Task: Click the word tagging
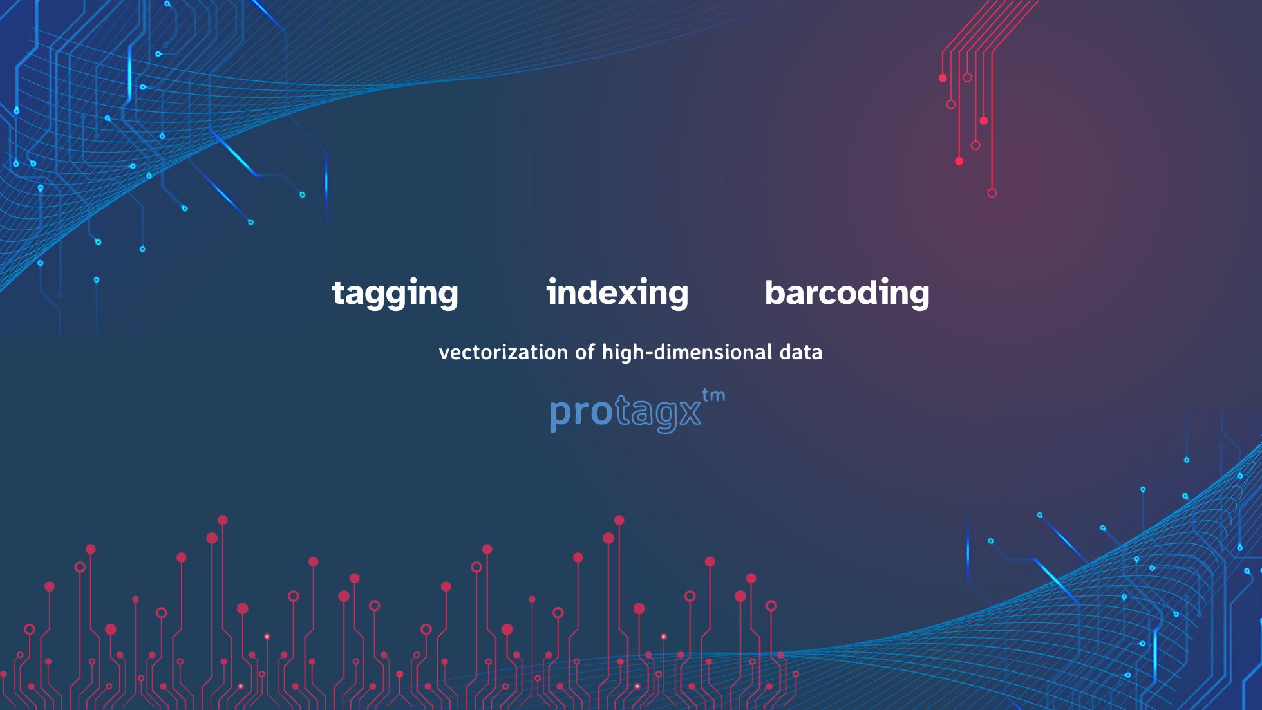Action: click(x=395, y=294)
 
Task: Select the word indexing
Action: click(x=617, y=292)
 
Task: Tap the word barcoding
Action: click(x=847, y=292)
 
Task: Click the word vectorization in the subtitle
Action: click(x=503, y=352)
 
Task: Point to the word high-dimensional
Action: click(x=687, y=351)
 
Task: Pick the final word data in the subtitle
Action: click(x=801, y=351)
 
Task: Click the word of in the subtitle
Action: click(x=585, y=351)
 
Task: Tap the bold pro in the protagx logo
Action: click(x=581, y=413)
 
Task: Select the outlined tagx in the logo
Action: click(x=657, y=413)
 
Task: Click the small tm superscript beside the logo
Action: click(x=713, y=395)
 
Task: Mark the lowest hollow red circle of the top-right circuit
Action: click(x=992, y=193)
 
